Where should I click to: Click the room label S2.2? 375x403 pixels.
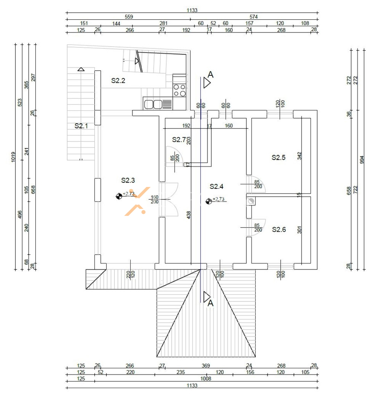[x=118, y=81]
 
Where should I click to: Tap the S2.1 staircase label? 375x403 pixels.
[x=81, y=126]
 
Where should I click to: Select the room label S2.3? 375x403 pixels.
[x=128, y=181]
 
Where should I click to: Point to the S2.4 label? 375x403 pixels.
[x=216, y=187]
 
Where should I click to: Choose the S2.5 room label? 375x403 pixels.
[x=279, y=157]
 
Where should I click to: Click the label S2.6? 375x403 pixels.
[x=279, y=229]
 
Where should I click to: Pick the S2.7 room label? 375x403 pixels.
[x=179, y=140]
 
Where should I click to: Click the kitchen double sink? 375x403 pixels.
[x=153, y=104]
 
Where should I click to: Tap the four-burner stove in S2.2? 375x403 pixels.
[x=179, y=90]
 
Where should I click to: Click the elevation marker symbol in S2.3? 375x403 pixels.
[x=119, y=197]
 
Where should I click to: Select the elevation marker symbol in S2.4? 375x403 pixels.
[x=209, y=201]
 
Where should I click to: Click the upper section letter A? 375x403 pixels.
[x=210, y=75]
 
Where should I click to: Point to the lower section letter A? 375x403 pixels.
[x=210, y=303]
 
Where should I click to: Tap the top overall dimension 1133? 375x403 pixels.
[x=192, y=10]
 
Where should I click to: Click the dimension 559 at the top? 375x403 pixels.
[x=129, y=17]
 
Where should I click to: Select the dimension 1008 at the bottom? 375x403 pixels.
[x=206, y=379]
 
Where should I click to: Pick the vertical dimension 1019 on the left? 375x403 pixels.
[x=13, y=157]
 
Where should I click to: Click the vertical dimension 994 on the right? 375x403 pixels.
[x=362, y=160]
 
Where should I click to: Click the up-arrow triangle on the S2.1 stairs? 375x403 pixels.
[x=81, y=69]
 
